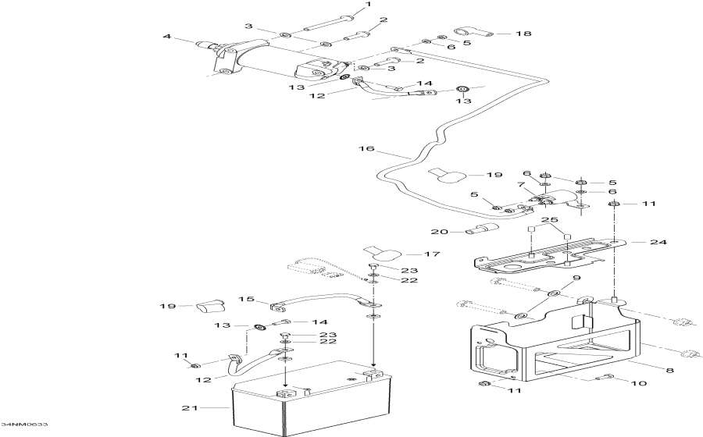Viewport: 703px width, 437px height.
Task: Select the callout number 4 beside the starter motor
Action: [167, 36]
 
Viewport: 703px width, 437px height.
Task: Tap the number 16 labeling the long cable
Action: [362, 147]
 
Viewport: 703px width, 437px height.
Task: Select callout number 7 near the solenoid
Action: [541, 184]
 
